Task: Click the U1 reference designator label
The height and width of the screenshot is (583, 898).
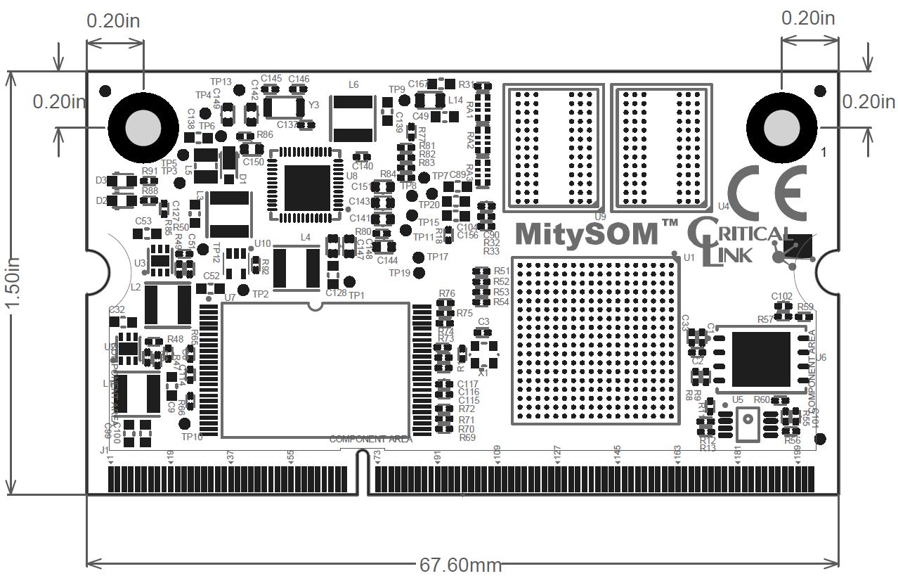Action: pyautogui.click(x=689, y=258)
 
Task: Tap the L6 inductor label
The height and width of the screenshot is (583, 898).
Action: pyautogui.click(x=353, y=84)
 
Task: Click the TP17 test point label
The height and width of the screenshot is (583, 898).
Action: pyautogui.click(x=437, y=257)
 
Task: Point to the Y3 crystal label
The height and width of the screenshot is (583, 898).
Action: pyautogui.click(x=314, y=105)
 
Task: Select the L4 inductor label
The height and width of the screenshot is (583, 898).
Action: pyautogui.click(x=305, y=238)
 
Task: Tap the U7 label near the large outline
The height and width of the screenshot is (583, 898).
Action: pyautogui.click(x=230, y=298)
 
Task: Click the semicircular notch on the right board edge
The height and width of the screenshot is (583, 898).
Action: pyautogui.click(x=827, y=269)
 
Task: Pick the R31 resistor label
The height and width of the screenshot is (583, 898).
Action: pyautogui.click(x=467, y=85)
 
